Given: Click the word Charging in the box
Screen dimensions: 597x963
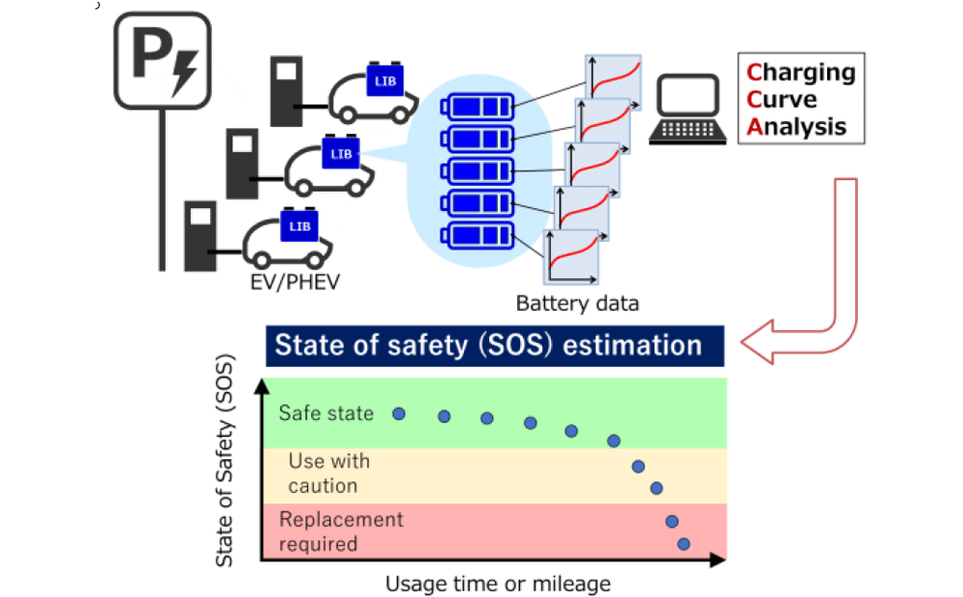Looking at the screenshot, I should (x=801, y=72).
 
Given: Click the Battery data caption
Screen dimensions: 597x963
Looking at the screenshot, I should (x=578, y=304).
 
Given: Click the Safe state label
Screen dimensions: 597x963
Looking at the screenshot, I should (x=325, y=413).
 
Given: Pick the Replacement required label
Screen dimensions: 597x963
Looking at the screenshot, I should (x=341, y=532).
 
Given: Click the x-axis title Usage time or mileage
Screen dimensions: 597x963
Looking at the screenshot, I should (x=498, y=584).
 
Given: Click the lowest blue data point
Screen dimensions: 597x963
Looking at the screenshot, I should (x=684, y=544).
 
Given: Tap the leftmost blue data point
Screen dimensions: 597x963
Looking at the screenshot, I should (x=399, y=413).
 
